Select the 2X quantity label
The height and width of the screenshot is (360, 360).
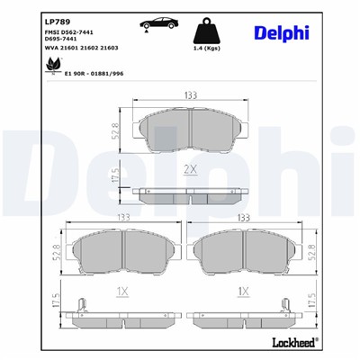(x=192, y=168)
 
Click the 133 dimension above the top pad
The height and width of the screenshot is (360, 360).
(x=190, y=95)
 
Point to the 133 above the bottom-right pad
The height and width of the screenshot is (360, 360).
(x=241, y=219)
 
